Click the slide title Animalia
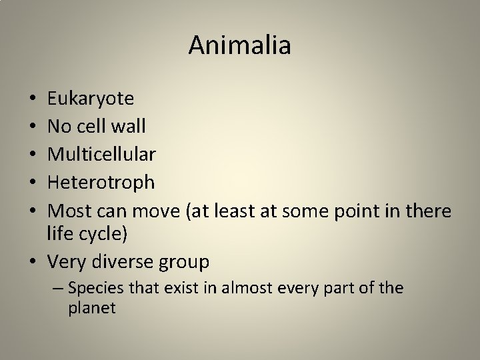pos(239,45)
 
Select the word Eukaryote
pos(91,99)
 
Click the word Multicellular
pos(102,155)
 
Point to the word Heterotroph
pos(101,182)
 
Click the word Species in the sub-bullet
pos(93,289)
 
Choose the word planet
pos(92,309)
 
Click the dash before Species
pos(59,289)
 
